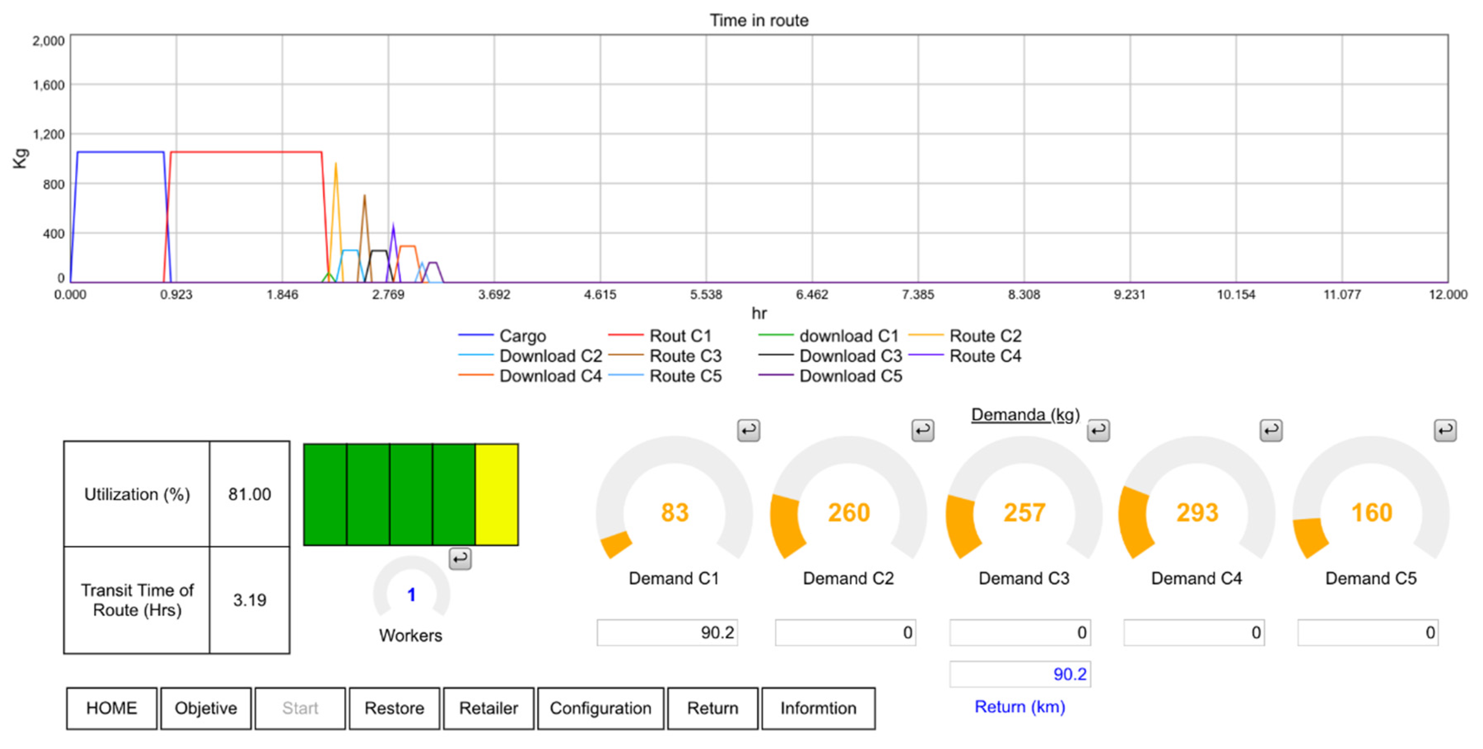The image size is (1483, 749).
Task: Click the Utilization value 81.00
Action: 249,494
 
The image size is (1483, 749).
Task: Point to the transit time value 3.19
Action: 249,600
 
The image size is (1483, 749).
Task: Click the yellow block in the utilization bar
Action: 496,494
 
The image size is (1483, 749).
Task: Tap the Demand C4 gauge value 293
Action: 1197,512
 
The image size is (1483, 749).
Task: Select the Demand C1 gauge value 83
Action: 674,512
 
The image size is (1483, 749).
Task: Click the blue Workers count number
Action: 411,595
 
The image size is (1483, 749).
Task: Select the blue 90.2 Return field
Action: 1020,674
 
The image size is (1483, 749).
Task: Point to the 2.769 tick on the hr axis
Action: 388,295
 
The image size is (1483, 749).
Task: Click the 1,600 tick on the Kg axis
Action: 48,85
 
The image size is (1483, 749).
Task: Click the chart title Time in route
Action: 758,21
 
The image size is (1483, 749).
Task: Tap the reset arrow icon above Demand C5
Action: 1444,430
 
